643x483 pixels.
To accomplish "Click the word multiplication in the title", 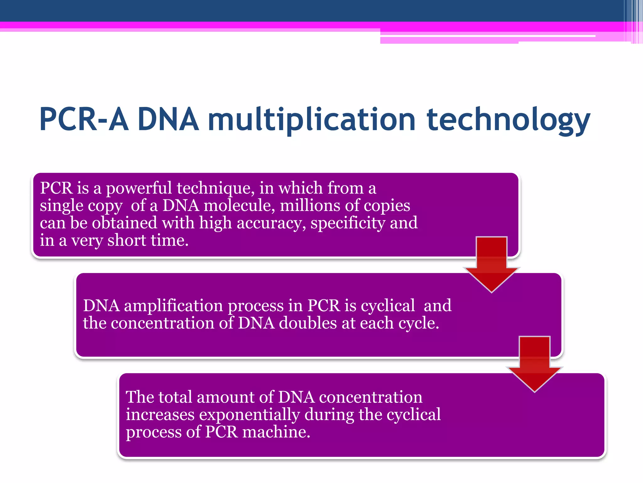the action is click(311, 120).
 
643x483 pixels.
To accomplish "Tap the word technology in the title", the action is click(508, 120).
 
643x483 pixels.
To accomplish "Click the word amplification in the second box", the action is click(173, 306).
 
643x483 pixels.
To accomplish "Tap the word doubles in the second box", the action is click(308, 323).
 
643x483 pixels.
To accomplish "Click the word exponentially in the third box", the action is click(249, 414).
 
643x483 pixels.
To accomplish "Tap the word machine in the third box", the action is click(276, 432).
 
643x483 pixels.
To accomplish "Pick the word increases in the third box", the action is click(160, 414).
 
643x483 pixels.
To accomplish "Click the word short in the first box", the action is click(127, 241).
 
